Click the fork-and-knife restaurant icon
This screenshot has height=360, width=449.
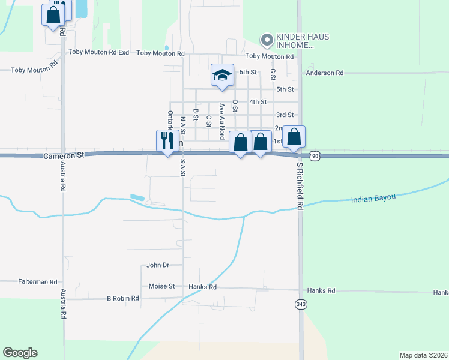pos(166,141)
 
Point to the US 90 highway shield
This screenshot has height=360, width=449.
pos(315,155)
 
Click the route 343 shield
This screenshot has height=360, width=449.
pos(300,304)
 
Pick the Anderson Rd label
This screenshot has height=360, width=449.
pos(324,73)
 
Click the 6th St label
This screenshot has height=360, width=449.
pos(248,72)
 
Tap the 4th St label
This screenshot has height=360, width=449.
pos(258,102)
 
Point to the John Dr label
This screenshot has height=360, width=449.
pos(158,265)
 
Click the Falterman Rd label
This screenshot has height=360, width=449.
pos(37,281)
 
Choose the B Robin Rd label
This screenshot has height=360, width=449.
pos(123,298)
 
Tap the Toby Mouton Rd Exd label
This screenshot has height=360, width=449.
pos(99,52)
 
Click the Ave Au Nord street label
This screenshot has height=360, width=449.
pos(221,117)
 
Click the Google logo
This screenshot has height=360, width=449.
pos(20,353)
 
